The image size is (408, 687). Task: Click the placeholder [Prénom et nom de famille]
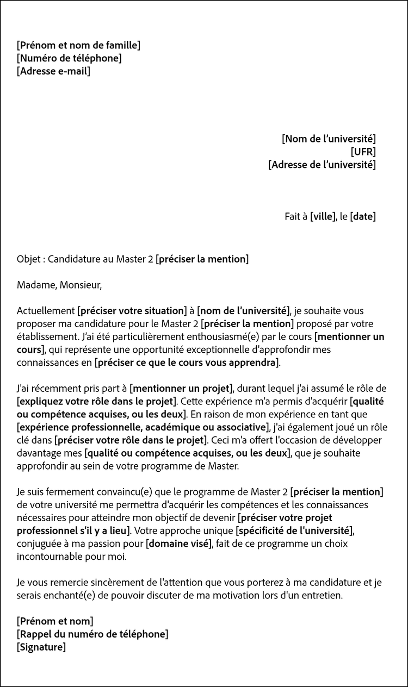pos(78,45)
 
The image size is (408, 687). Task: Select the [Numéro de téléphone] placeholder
pos(69,58)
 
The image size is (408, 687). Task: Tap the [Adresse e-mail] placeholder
pos(53,71)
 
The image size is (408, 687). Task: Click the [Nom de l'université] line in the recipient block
pos(329,139)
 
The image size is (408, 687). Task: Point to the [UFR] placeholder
pos(363,152)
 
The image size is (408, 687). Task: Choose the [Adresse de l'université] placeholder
pos(322,165)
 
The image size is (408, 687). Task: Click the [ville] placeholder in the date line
pos(323,216)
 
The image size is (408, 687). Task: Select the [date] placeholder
pos(363,216)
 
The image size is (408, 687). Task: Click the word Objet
pos(28,259)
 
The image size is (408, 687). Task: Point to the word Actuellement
pos(45,311)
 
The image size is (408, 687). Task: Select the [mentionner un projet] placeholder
pos(181,389)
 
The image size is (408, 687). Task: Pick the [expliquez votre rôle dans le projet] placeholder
pos(97,402)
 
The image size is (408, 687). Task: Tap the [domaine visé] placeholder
pos(178,543)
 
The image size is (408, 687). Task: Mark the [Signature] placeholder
pos(41,647)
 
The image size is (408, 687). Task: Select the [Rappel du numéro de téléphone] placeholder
pos(92,634)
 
